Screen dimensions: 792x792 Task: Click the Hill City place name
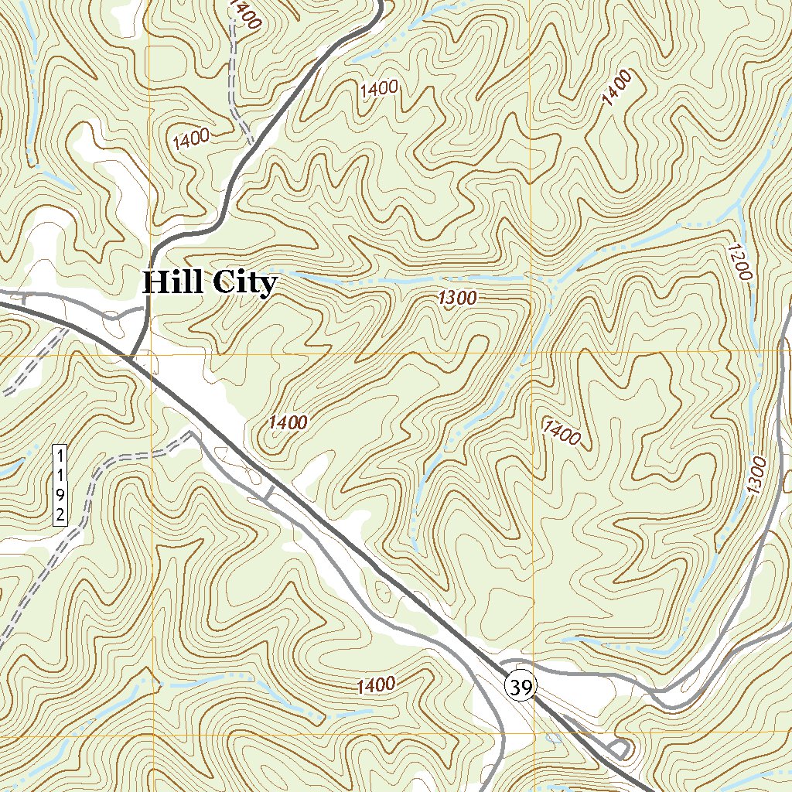point(209,283)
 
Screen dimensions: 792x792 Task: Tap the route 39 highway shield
point(521,685)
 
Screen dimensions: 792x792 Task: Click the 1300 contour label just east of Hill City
point(456,298)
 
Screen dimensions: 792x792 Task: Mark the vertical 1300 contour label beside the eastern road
point(756,476)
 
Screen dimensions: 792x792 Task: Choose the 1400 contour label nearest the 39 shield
point(376,685)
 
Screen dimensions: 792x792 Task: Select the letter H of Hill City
point(155,282)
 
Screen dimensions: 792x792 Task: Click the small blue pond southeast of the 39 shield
point(553,737)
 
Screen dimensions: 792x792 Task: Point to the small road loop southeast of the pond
point(619,749)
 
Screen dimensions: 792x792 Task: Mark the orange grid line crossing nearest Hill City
point(152,355)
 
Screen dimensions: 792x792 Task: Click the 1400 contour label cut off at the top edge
point(244,14)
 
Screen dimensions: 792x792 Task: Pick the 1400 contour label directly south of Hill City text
point(288,422)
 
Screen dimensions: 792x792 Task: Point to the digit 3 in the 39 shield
point(516,685)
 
